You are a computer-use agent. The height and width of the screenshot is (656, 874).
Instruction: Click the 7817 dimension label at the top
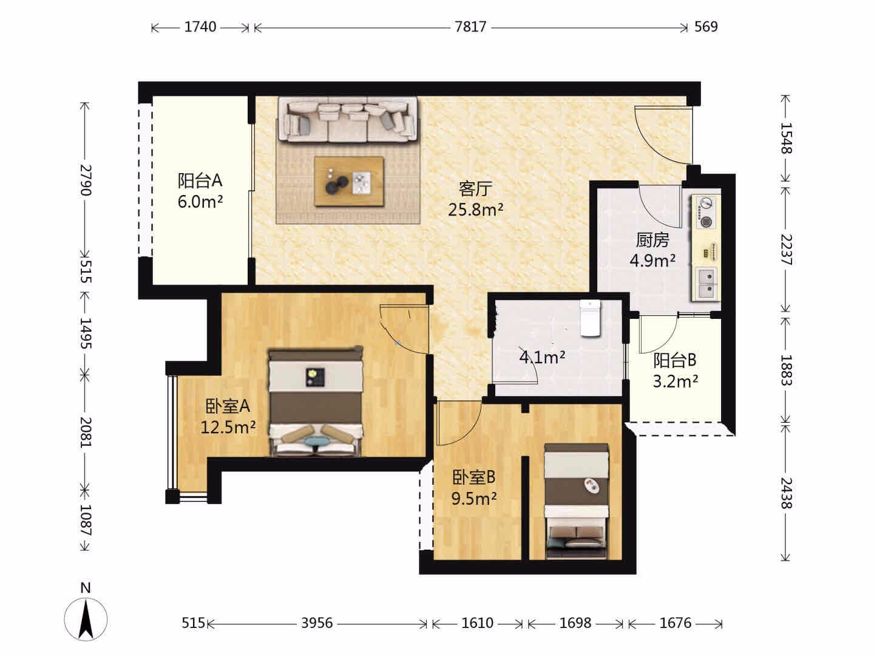coord(470,27)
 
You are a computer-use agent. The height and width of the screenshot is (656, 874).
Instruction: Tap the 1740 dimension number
coord(200,27)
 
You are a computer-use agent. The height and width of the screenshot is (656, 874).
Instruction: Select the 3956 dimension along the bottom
coord(317,623)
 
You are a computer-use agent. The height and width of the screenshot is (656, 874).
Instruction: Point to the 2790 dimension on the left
coord(85,180)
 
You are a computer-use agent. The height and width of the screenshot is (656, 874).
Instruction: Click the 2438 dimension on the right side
coord(786,493)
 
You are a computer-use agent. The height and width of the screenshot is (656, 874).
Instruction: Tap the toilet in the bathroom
coord(590,318)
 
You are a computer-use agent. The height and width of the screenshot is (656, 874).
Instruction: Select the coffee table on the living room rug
coord(349,181)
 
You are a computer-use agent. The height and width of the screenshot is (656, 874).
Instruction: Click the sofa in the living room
coord(348,119)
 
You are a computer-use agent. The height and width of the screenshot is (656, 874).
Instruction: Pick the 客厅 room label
coord(475,189)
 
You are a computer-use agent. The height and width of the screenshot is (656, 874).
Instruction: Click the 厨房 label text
coord(652,240)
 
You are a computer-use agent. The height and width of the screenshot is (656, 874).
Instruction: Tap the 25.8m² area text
coord(475,209)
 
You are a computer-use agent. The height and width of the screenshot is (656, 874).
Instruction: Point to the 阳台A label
coord(200,180)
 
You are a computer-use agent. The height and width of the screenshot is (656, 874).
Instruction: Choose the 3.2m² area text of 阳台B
coord(676,381)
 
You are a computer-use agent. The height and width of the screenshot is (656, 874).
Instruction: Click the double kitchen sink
coord(706,284)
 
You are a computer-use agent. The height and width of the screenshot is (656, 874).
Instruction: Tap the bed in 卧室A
coord(316,401)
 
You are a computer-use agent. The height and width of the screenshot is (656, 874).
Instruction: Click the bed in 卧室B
coord(576,502)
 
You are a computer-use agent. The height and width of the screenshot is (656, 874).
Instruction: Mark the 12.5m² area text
coord(228,428)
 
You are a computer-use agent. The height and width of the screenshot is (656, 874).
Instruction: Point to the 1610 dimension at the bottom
coord(477,623)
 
